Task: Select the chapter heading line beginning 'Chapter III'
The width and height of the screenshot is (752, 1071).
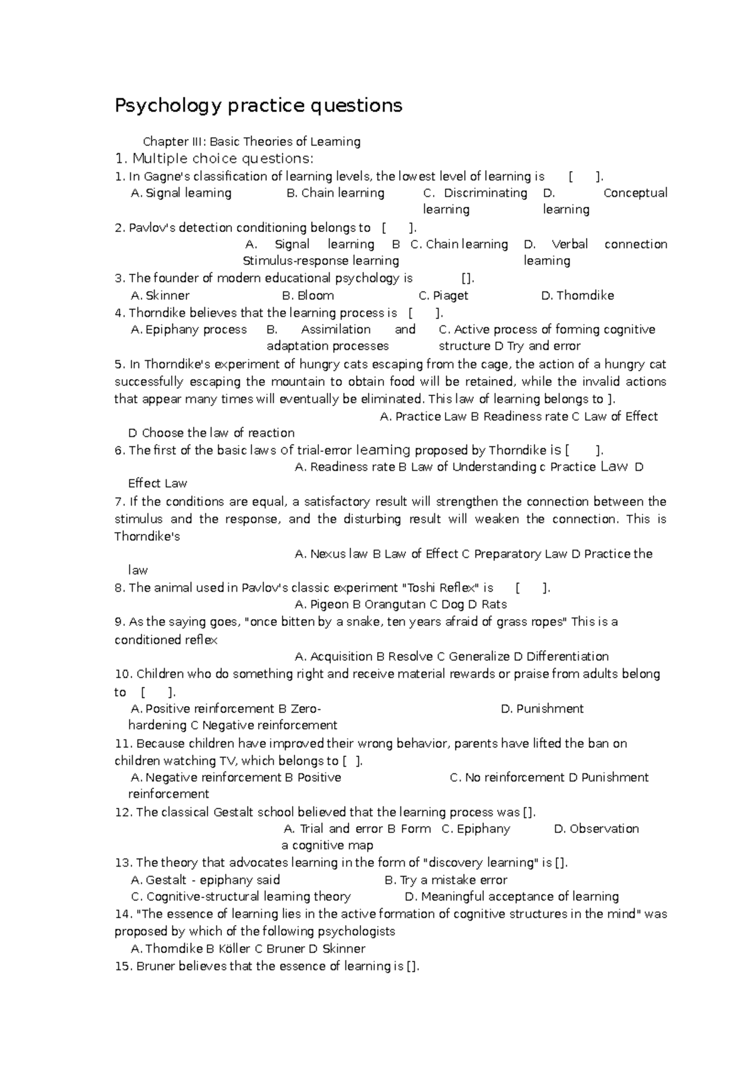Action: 252,142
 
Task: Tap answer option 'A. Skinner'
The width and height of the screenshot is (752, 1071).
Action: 160,295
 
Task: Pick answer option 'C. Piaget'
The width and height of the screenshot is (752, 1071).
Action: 443,295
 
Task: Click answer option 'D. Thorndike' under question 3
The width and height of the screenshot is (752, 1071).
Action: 577,295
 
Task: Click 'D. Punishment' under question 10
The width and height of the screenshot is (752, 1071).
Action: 542,709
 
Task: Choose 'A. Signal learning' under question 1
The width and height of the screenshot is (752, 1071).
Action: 181,193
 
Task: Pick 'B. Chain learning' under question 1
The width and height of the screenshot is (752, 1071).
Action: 335,193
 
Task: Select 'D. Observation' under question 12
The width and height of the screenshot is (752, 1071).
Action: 597,828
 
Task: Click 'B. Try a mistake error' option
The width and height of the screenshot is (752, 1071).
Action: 446,880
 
